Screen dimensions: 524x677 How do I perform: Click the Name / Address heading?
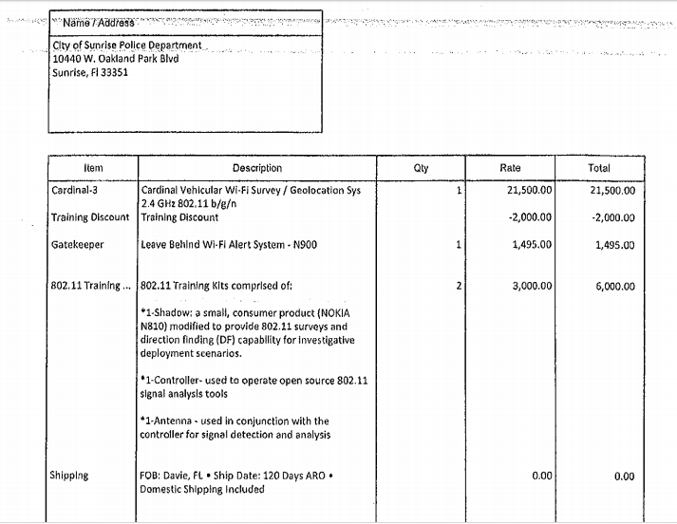coord(99,22)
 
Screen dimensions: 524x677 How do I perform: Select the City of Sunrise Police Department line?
coord(126,45)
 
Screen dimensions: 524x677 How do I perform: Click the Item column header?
coord(93,168)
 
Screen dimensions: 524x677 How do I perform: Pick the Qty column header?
coord(422,168)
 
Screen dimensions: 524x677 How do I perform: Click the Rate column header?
coord(510,168)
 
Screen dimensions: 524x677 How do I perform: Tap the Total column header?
coord(599,168)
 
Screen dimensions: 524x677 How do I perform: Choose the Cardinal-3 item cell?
coord(74,190)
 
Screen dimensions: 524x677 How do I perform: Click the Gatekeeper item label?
coord(77,244)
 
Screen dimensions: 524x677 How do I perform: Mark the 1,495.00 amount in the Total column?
coord(612,244)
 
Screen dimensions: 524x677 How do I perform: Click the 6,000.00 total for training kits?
coord(612,285)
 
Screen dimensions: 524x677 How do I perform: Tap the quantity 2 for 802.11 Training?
coord(458,285)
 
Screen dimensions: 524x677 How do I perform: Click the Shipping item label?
coord(69,476)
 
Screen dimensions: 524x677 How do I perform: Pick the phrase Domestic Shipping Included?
coord(202,490)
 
